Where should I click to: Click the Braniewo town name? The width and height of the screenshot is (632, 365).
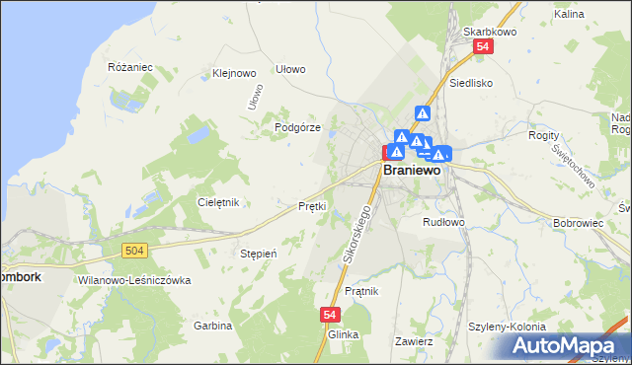point(413,169)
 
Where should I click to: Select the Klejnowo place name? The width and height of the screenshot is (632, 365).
point(234,73)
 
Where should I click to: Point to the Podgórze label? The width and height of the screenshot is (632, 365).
point(297,127)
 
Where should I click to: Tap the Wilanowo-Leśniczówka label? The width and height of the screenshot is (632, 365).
point(133,280)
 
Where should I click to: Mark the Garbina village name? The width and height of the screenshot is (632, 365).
point(212,325)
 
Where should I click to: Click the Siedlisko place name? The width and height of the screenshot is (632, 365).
point(470,83)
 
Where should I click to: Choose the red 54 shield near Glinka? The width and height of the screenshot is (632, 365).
point(331,314)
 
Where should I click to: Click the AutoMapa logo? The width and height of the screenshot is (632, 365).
point(569,345)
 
